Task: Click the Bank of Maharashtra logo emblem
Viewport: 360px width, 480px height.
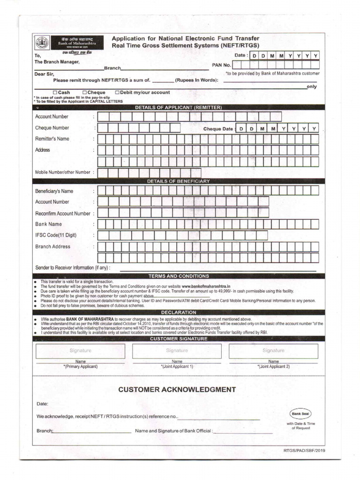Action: click(42, 43)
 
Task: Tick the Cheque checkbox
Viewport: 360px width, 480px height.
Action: click(84, 93)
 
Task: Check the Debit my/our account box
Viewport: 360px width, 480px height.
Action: click(117, 93)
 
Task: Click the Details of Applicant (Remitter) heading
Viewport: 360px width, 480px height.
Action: click(178, 107)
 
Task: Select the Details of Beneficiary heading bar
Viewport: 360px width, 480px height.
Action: click(178, 181)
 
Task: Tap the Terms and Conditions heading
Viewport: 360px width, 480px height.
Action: click(178, 276)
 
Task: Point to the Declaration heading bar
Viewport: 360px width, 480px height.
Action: click(178, 312)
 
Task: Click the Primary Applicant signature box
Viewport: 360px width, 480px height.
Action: click(80, 351)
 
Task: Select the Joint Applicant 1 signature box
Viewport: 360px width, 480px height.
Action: click(177, 351)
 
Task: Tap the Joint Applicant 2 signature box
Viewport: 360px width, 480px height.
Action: click(273, 351)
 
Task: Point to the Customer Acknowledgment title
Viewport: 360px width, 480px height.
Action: click(177, 390)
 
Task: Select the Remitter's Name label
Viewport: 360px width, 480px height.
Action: click(52, 139)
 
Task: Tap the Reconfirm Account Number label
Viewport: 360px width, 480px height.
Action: click(62, 213)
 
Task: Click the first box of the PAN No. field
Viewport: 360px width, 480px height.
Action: click(237, 65)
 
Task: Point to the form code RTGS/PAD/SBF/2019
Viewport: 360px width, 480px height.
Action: click(304, 450)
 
